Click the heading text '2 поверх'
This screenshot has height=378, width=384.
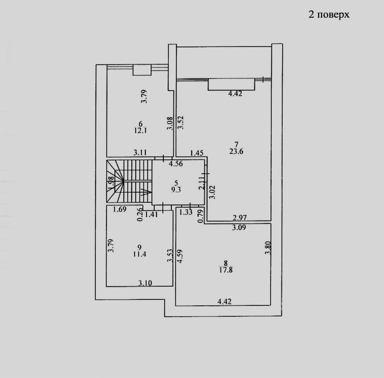click(329, 15)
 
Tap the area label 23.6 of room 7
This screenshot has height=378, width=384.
click(236, 152)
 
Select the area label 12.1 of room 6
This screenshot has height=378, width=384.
click(140, 130)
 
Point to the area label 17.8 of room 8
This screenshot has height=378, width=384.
click(226, 270)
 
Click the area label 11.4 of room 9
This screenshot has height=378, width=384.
click(140, 254)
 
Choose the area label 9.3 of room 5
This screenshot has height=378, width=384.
click(176, 190)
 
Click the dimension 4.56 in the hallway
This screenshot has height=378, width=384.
click(176, 163)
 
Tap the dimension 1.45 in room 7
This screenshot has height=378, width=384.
click(197, 153)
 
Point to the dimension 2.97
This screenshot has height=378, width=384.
click(239, 217)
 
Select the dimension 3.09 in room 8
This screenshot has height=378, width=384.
click(239, 228)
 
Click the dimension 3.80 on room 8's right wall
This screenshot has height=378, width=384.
click(268, 248)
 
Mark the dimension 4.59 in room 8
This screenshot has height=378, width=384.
click(180, 256)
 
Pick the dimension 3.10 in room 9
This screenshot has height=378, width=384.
click(145, 283)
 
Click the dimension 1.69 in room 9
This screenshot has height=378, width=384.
click(120, 209)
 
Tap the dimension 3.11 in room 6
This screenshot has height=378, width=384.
click(140, 153)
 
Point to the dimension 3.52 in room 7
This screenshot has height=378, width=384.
click(181, 122)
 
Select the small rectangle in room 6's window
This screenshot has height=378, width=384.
click(142, 70)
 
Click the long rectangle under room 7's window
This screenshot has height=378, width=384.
click(231, 84)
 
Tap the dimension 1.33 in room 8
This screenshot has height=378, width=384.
click(186, 212)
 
